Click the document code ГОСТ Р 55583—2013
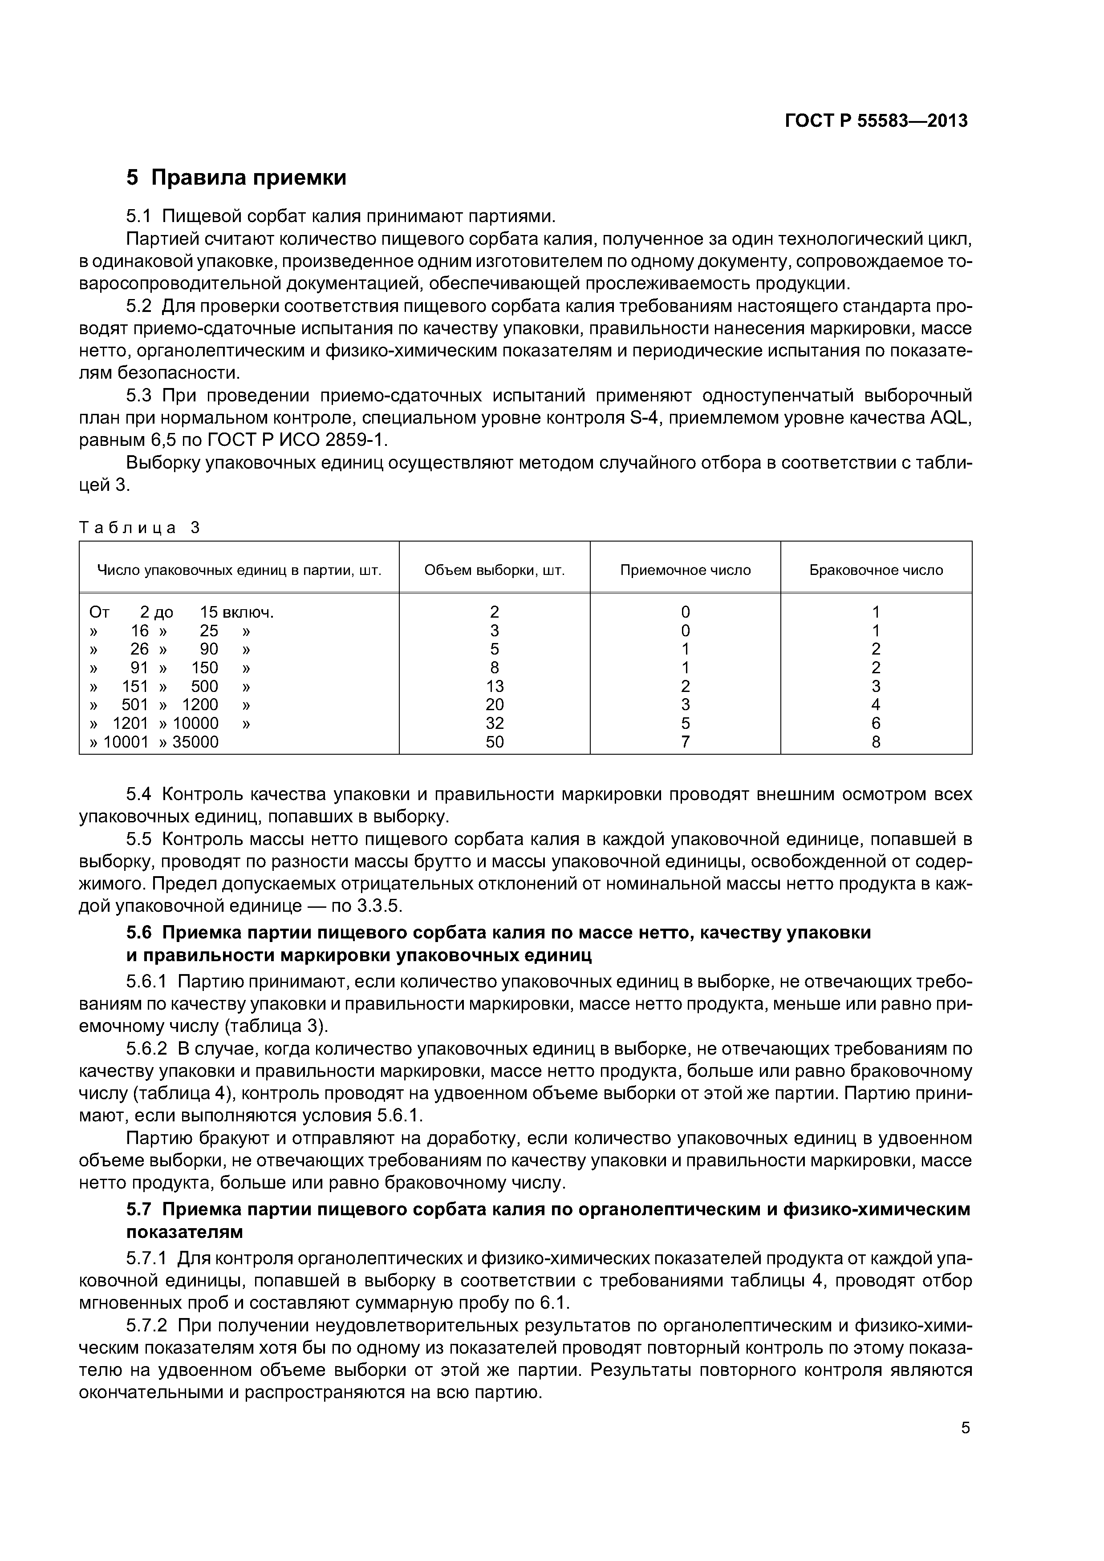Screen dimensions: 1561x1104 (x=876, y=121)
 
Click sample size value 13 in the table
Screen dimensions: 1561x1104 (x=495, y=686)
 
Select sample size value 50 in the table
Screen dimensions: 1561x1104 (x=495, y=742)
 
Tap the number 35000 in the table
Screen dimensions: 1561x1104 (x=195, y=742)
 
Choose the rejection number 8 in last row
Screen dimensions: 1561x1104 (x=876, y=742)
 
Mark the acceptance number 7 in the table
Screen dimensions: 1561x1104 (x=685, y=742)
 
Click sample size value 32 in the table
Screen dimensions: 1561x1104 (x=495, y=724)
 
